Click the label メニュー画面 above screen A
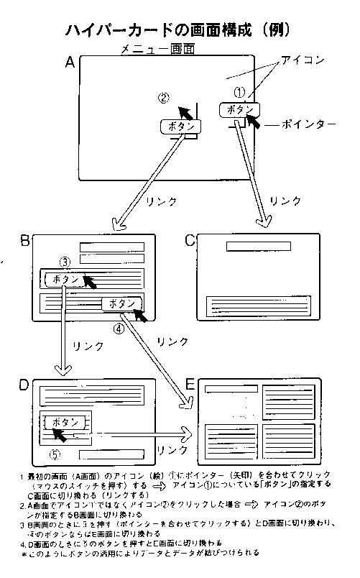pyautogui.click(x=157, y=50)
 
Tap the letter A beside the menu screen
pyautogui.click(x=70, y=63)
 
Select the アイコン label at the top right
pyautogui.click(x=301, y=58)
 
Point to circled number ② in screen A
pyautogui.click(x=165, y=98)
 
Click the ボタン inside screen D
pyautogui.click(x=66, y=422)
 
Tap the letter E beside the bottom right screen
pyautogui.click(x=190, y=386)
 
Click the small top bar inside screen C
pyautogui.click(x=258, y=247)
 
